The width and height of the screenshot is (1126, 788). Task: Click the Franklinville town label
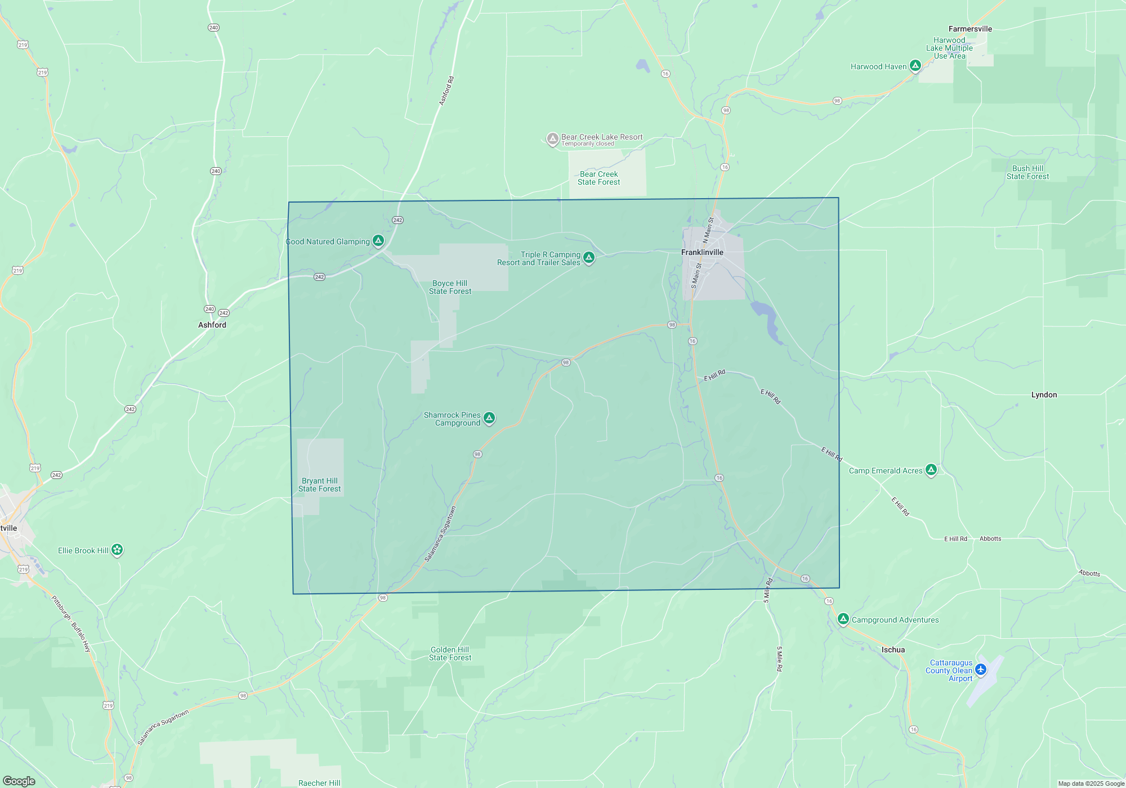click(702, 252)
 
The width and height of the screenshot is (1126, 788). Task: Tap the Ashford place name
click(212, 325)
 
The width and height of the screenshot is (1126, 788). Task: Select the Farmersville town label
click(970, 29)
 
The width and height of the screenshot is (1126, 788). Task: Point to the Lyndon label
click(1044, 395)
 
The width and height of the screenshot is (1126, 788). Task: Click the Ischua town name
click(893, 650)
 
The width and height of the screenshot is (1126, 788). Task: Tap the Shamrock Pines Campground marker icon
click(489, 418)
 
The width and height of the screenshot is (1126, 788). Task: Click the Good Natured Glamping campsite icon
click(378, 241)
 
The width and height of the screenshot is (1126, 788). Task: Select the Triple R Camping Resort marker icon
click(589, 257)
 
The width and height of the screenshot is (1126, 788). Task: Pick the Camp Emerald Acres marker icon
click(931, 470)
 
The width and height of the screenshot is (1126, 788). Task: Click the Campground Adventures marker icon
click(843, 619)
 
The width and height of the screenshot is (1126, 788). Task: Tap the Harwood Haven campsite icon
click(915, 66)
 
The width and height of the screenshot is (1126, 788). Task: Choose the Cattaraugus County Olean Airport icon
click(981, 669)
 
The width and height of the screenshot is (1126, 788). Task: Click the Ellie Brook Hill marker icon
click(117, 549)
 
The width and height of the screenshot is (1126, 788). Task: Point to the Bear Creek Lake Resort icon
click(553, 138)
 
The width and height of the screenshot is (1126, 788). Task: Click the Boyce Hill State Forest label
click(450, 287)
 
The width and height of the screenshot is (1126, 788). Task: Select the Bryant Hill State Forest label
click(319, 485)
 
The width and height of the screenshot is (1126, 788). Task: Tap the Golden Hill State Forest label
click(450, 653)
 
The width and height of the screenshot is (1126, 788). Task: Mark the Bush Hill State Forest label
click(1027, 172)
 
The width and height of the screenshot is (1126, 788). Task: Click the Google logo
click(19, 781)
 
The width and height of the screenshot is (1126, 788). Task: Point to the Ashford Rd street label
click(446, 91)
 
